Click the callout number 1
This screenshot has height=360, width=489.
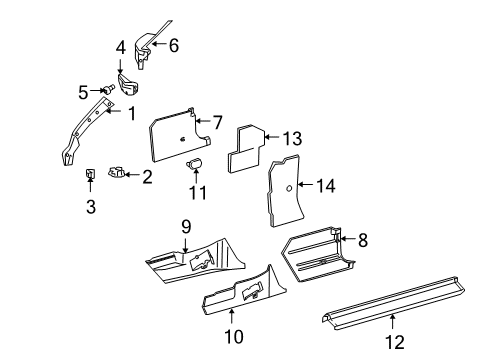tap(130, 112)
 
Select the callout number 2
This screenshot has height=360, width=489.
tap(148, 177)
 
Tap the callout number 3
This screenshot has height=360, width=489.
tap(91, 208)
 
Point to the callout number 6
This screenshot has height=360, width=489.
tap(173, 44)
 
